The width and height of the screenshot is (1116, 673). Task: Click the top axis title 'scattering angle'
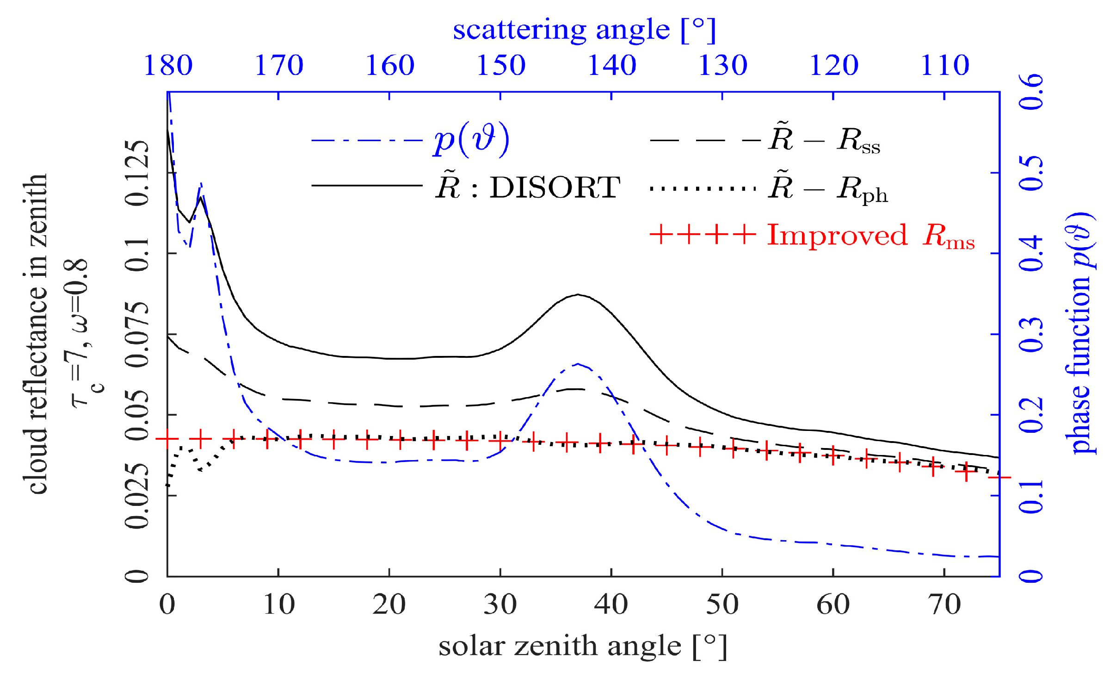tap(584, 30)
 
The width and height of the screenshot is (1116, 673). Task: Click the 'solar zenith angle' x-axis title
tap(582, 646)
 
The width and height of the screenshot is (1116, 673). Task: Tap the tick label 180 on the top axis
tap(168, 65)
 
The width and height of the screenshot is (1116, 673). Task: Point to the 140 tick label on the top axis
tap(611, 65)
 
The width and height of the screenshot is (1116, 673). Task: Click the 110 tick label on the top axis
tap(944, 65)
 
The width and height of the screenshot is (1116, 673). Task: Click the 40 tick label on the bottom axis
tap(611, 604)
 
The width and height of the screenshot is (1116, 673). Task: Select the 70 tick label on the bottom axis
tap(944, 604)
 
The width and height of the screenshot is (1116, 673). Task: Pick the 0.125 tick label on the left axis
tap(137, 173)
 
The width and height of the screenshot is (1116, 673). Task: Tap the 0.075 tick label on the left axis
tap(137, 334)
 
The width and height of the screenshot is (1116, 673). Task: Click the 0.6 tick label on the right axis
tap(1032, 92)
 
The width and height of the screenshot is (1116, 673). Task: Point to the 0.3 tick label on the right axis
tap(1032, 334)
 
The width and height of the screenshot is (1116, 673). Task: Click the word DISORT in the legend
tap(555, 187)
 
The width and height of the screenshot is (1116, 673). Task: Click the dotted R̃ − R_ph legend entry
tap(828, 188)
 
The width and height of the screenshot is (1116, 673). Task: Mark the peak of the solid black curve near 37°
tap(578, 294)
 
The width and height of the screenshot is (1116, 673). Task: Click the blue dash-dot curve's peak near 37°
tap(578, 364)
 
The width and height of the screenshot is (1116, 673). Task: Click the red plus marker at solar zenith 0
tap(167, 439)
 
